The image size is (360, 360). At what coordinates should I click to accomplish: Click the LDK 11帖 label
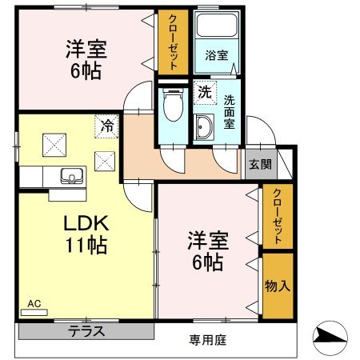(x=82, y=234)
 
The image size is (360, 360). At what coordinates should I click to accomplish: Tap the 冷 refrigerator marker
(x=106, y=124)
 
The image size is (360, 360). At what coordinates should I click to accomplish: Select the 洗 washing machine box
(x=205, y=92)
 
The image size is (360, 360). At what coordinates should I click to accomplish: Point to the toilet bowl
(x=171, y=103)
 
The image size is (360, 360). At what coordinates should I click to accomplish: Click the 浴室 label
(x=216, y=57)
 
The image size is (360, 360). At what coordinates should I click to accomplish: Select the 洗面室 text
(x=230, y=106)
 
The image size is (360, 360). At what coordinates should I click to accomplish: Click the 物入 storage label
(x=278, y=285)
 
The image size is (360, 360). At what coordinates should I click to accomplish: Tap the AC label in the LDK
(x=34, y=304)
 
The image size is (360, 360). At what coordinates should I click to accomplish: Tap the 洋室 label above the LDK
(x=85, y=58)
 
